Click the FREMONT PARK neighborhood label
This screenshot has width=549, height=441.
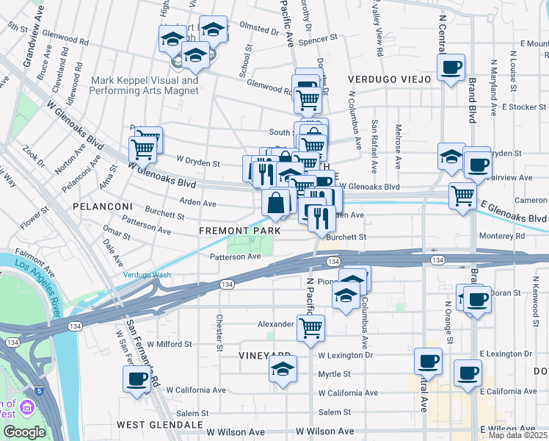pos(240,231)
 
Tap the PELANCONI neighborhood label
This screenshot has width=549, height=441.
pos(102,207)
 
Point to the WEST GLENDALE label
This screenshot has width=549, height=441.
pos(159,425)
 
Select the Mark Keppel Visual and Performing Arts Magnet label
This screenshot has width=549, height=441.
pos(144,85)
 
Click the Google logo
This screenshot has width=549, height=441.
pos(23,432)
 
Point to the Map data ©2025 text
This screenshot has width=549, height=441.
pos(518,435)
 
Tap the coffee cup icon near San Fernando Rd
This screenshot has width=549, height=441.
pos(137,379)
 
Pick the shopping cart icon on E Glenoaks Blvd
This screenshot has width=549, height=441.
pos(462,196)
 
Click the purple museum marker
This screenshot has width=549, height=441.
pos(28,407)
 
